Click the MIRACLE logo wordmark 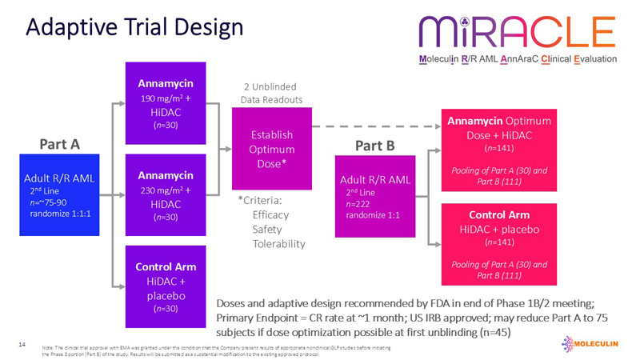coord(517,31)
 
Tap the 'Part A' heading coord(59,144)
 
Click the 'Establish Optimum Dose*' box coord(272,148)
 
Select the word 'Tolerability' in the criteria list coord(278,243)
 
